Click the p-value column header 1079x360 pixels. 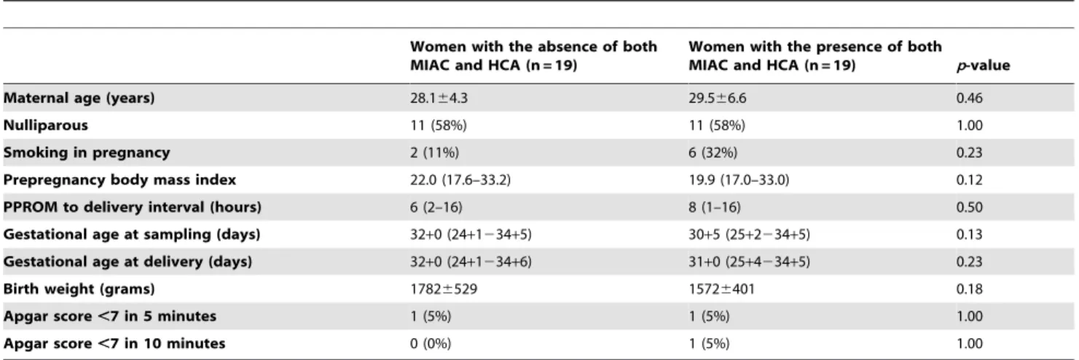(x=983, y=66)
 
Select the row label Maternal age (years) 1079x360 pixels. (x=79, y=98)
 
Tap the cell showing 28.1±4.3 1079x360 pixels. (x=439, y=98)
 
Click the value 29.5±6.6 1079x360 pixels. (x=717, y=98)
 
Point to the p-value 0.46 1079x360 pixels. (x=969, y=98)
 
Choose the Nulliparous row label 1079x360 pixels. (x=46, y=125)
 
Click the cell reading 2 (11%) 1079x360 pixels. (x=434, y=153)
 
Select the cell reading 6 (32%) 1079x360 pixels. (x=713, y=153)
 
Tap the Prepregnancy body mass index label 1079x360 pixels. (x=119, y=180)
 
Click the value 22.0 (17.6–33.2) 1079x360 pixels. (x=460, y=180)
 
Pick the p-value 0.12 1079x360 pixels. (x=969, y=180)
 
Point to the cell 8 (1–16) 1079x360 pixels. (x=715, y=207)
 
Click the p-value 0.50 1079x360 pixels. (x=969, y=207)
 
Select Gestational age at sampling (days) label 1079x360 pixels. (x=131, y=234)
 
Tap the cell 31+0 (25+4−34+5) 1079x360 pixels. (x=750, y=262)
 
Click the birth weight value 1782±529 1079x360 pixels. (x=444, y=289)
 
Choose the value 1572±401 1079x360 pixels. (x=721, y=289)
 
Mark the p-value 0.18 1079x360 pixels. (x=969, y=289)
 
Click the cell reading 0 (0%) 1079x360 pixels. (x=431, y=344)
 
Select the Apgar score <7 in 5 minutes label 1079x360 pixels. (x=110, y=316)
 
